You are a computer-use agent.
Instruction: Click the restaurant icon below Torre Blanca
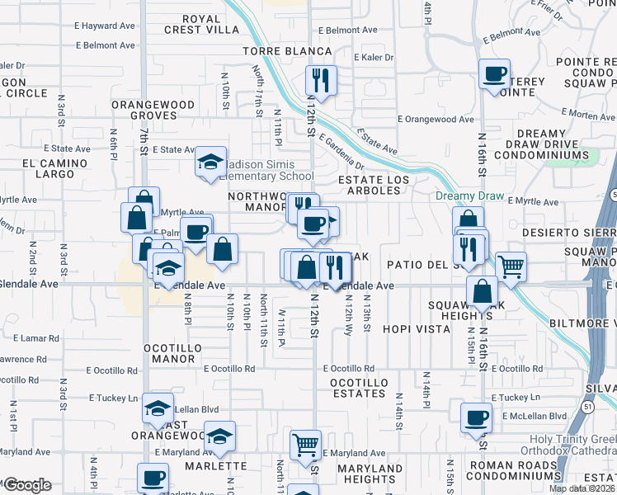[x=320, y=80]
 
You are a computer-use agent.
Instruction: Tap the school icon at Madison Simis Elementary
[x=210, y=162]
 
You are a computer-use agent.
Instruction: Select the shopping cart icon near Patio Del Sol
[x=511, y=266]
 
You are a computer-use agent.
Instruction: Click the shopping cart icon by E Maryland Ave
[x=305, y=445]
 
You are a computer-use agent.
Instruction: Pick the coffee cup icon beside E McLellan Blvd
[x=475, y=417]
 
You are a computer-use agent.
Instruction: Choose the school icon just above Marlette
[x=219, y=436]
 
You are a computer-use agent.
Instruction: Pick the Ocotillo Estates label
[x=358, y=388]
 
